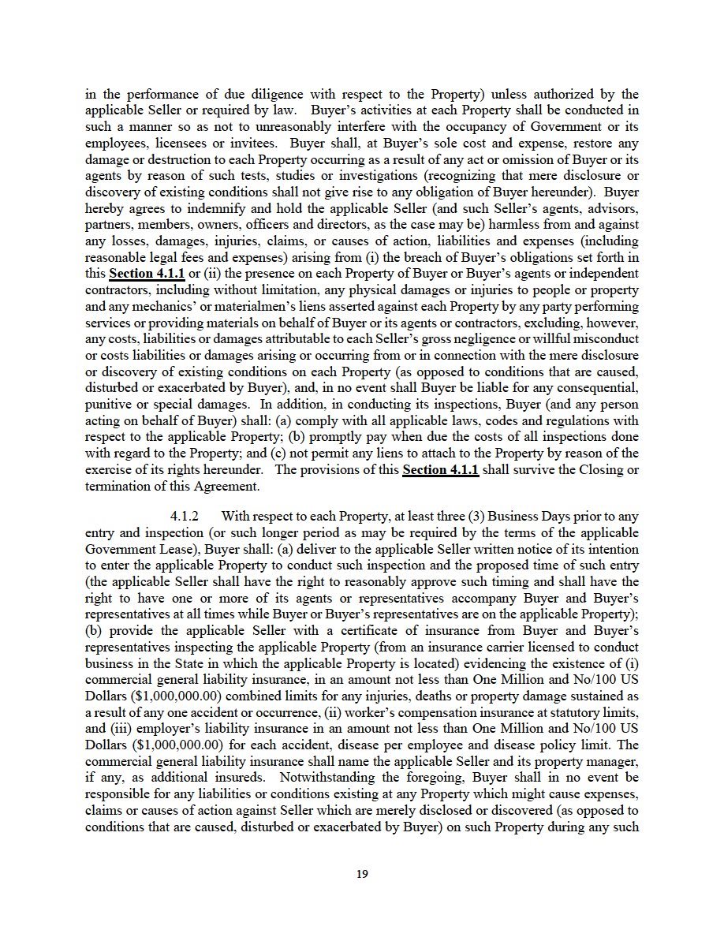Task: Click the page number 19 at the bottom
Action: pyautogui.click(x=362, y=873)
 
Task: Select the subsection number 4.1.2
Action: pyautogui.click(x=185, y=516)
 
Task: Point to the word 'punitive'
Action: pyautogui.click(x=108, y=405)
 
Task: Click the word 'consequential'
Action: pyautogui.click(x=599, y=388)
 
